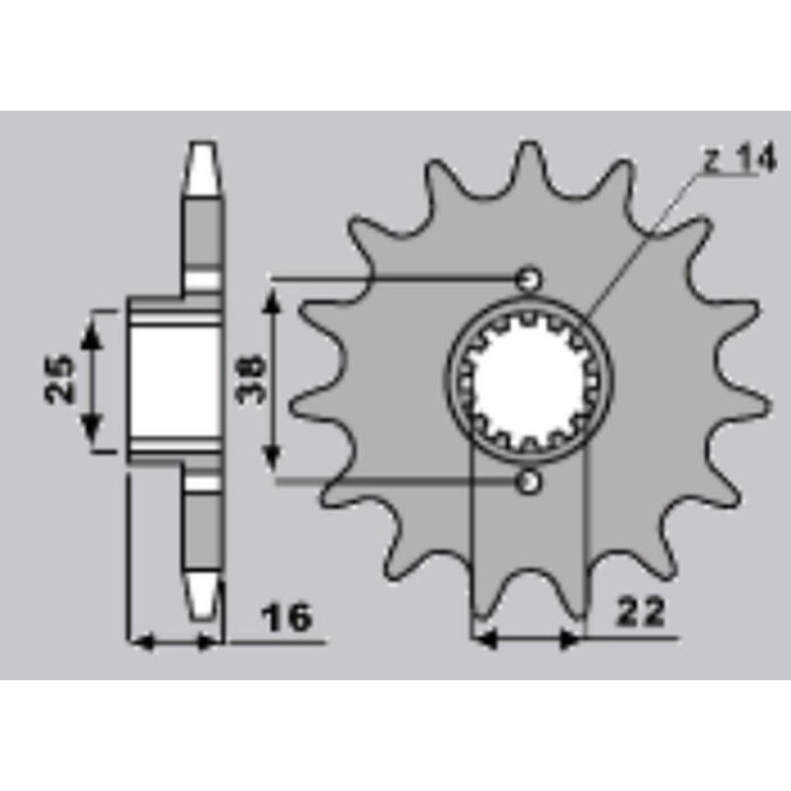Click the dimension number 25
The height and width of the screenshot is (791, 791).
coord(59,379)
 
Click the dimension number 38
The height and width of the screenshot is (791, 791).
coord(251,379)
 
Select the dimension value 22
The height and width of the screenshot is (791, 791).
coord(641,612)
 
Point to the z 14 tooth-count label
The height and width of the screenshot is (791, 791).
coord(741,161)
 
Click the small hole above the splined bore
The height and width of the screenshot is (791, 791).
coord(529,279)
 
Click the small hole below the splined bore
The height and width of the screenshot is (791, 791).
coord(529,483)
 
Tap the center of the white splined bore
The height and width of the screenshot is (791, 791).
coord(529,380)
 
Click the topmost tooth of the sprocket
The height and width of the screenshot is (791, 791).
coord(529,161)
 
